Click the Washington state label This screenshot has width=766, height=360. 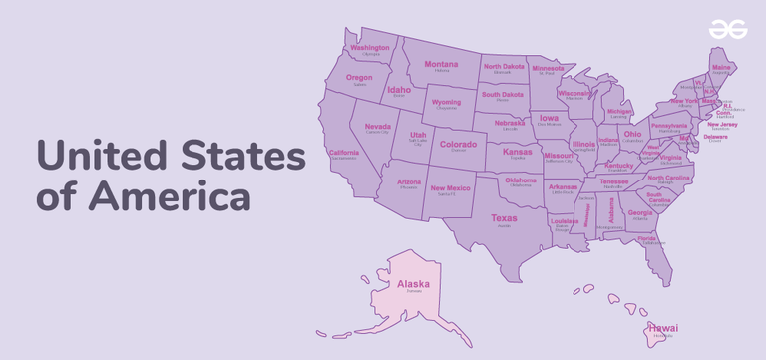coord(370,48)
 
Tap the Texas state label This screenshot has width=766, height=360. coord(504,217)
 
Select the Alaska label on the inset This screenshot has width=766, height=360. coord(413,284)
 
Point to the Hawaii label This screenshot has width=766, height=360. coord(663,327)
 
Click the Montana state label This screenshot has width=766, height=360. coord(441,64)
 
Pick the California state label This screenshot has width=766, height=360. coord(344,153)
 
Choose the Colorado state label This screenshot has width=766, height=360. coord(458,144)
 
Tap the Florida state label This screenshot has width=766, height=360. coord(647,239)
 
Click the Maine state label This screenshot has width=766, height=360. coord(721,67)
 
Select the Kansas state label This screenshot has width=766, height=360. coord(518,151)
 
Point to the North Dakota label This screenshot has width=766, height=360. coord(504,67)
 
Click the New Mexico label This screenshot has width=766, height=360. coord(450,187)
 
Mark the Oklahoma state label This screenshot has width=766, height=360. coord(521,180)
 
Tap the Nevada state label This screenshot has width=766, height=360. coord(377,127)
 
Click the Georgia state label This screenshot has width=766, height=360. coord(640,212)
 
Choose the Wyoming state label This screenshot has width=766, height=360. coord(446,102)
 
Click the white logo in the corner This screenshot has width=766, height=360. coord(728,31)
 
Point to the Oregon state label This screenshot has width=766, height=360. coord(359,78)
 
